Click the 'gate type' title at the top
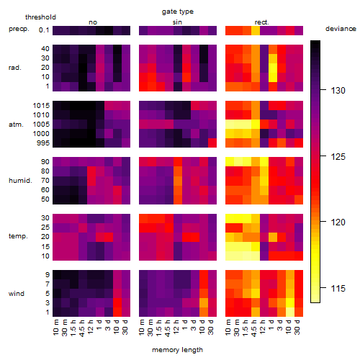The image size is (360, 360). [x=178, y=12]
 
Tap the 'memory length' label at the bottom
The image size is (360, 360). [x=178, y=350]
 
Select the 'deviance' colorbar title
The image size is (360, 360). [x=341, y=29]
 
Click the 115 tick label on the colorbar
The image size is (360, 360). [x=338, y=288]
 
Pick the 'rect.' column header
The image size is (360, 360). [x=262, y=22]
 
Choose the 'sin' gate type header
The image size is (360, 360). [x=177, y=22]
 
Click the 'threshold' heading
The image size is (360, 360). [x=40, y=17]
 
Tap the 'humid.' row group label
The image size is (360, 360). [x=20, y=181]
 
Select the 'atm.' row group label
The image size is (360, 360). [x=16, y=125]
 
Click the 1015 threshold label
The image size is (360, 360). [x=41, y=106]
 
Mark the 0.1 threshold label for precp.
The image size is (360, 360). [x=44, y=30]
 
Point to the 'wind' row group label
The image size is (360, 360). [x=17, y=294]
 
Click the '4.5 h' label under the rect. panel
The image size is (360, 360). [x=253, y=328]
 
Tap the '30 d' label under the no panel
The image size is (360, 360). [x=125, y=327]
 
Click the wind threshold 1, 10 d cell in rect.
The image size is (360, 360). [x=290, y=312]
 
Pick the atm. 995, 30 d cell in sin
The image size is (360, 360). [x=212, y=143]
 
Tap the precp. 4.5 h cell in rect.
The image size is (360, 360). [x=256, y=30]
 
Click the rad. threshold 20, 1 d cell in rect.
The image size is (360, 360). [x=273, y=68]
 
